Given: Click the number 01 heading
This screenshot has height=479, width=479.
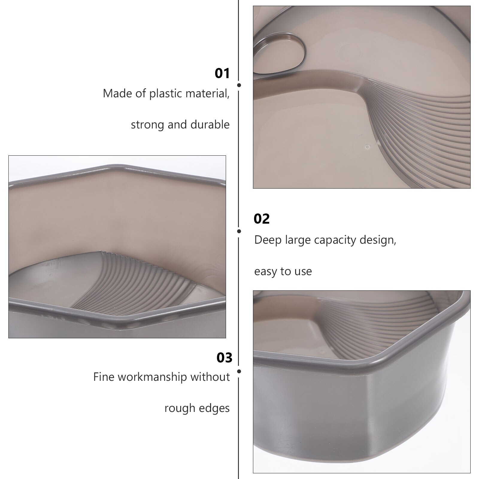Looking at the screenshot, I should (222, 74).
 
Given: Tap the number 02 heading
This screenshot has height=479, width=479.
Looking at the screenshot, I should (262, 219).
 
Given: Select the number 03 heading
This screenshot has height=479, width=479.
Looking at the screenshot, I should (224, 358).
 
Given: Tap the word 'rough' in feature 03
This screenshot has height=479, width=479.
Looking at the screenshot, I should (179, 409).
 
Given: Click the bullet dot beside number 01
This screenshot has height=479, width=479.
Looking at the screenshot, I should (239, 85).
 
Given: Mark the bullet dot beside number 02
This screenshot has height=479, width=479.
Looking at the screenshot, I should (239, 231).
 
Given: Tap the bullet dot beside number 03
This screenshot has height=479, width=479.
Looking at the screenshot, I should (239, 372).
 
